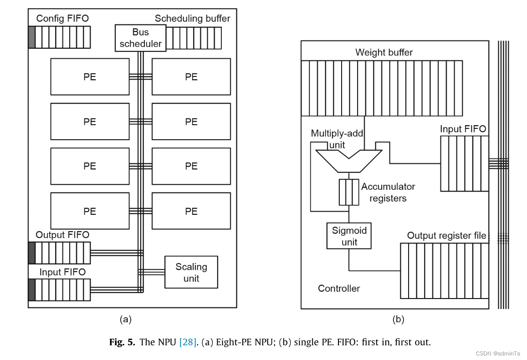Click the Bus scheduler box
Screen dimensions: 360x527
(x=140, y=38)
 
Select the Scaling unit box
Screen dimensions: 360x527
(x=191, y=272)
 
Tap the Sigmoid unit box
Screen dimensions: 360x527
(x=349, y=236)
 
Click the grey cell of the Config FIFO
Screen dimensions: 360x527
(x=31, y=37)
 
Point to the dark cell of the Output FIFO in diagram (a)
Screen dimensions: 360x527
(x=31, y=253)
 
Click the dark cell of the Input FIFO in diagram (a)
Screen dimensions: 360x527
(x=31, y=290)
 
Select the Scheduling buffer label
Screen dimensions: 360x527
(x=192, y=19)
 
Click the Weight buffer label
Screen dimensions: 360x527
(x=384, y=52)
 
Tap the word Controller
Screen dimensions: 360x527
(x=338, y=289)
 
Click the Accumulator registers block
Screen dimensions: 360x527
(x=348, y=192)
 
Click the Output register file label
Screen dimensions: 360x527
(x=446, y=236)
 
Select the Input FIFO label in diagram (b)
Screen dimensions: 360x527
(x=463, y=129)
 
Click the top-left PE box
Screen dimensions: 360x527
(x=90, y=76)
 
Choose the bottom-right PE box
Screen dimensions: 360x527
(x=191, y=211)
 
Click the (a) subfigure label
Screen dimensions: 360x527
(x=125, y=319)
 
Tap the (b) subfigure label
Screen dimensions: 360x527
(x=398, y=319)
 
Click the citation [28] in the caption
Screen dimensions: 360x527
(x=188, y=342)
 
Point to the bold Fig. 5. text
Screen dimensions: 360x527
(x=122, y=342)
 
